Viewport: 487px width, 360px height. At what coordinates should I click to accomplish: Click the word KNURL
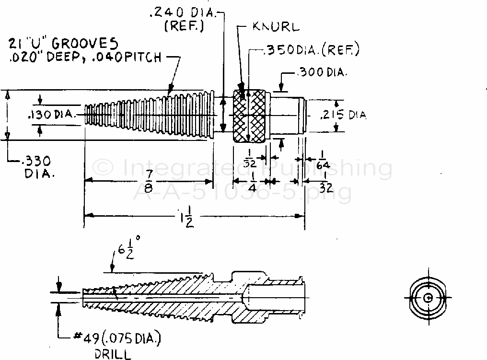tap(276, 27)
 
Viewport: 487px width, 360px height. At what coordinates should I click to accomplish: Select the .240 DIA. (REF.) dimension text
tap(185, 20)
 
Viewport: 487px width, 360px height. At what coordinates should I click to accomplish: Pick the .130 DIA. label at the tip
tap(52, 115)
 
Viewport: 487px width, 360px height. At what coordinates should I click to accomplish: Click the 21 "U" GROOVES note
tap(62, 44)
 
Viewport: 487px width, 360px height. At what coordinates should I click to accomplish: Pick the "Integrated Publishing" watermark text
tap(242, 168)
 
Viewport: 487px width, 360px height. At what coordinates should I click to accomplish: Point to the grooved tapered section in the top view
tap(149, 115)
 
